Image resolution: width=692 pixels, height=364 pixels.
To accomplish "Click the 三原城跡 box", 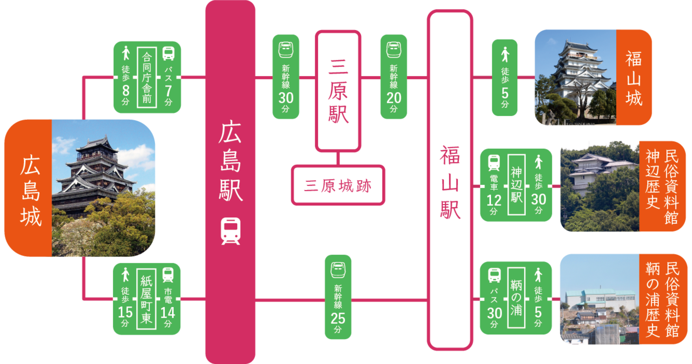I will [338, 185].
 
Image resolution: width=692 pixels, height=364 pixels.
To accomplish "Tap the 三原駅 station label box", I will [338, 91].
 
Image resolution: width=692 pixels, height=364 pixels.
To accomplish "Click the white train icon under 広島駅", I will [230, 231].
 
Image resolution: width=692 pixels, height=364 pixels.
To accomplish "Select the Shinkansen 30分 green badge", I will [286, 76].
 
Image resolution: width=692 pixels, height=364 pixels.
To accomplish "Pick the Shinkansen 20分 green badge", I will [394, 76].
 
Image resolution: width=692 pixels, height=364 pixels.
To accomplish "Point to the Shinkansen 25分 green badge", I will [338, 297].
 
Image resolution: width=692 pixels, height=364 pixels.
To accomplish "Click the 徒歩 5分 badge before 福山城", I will [505, 77].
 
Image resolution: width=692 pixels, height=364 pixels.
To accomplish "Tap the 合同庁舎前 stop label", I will [147, 77].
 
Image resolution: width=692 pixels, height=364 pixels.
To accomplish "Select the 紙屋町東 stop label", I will [146, 299].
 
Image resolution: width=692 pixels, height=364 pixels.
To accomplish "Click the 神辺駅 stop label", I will [516, 185].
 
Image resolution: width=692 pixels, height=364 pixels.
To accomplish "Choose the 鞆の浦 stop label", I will [516, 298].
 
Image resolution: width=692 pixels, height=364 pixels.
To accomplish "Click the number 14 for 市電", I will [168, 313].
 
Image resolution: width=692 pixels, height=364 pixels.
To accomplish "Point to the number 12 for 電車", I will [494, 201].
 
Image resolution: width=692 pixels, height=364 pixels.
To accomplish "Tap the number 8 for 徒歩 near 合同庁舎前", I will [126, 91].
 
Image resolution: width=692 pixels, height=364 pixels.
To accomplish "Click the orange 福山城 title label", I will [634, 77].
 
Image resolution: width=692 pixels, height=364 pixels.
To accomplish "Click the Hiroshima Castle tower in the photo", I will [95, 174].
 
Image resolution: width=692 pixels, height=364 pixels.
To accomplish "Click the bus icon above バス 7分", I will [168, 53].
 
